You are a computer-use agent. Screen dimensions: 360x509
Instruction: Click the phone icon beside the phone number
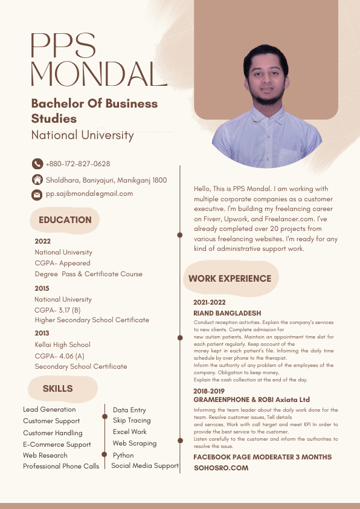[37, 164]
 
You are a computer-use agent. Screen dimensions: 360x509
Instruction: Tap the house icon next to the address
[37, 180]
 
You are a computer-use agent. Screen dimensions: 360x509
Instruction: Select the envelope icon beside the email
[37, 194]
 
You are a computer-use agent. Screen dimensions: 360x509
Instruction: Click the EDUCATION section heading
[65, 220]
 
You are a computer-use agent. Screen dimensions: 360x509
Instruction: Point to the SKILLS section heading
[57, 389]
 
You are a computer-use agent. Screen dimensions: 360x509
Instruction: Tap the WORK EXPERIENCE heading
[230, 279]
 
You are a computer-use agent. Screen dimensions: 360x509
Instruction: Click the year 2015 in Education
[42, 288]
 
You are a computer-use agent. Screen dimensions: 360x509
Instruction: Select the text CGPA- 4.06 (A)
[60, 355]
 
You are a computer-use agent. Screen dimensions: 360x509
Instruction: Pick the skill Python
[123, 455]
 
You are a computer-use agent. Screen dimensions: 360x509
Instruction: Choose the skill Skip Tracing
[132, 420]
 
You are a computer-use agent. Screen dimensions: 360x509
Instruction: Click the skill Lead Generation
[49, 409]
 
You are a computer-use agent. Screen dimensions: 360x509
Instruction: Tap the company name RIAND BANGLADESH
[227, 313]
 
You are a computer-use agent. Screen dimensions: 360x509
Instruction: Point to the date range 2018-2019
[209, 391]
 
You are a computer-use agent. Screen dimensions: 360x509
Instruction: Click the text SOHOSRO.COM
[220, 468]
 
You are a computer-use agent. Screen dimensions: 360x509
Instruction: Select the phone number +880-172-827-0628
[78, 164]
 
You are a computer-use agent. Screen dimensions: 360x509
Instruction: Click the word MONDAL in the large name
[98, 74]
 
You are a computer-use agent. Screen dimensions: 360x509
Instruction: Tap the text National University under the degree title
[82, 135]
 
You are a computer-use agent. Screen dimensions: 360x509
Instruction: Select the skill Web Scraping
[135, 443]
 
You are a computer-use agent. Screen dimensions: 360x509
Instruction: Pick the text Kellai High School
[62, 345]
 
